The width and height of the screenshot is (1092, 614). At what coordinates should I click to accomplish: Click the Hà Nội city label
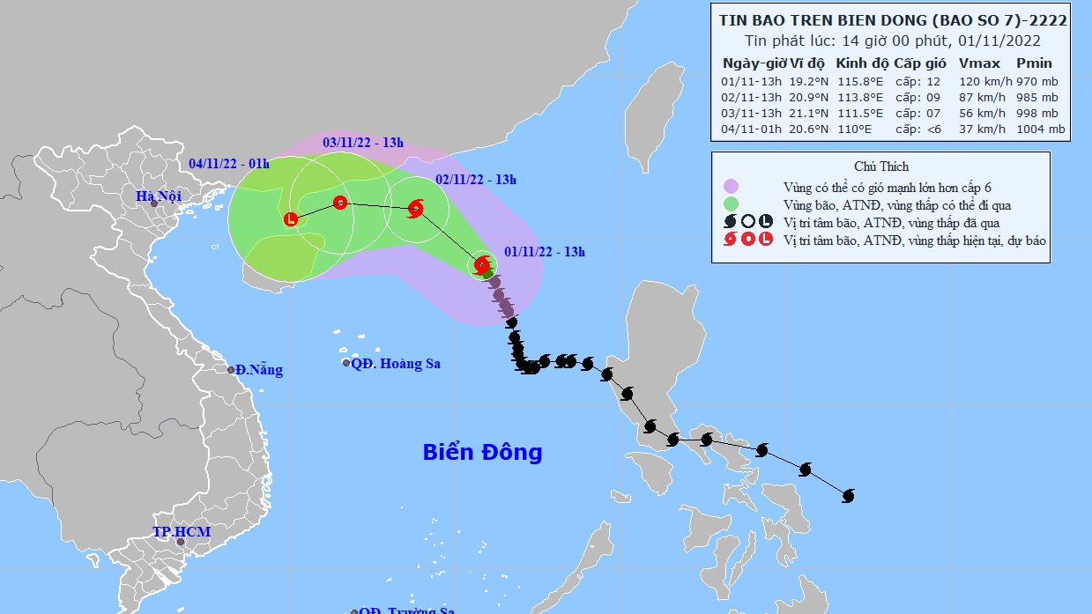tap(158, 196)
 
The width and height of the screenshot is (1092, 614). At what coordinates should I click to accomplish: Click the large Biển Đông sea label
tap(482, 453)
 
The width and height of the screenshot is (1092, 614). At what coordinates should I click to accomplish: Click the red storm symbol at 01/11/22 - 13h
tap(482, 264)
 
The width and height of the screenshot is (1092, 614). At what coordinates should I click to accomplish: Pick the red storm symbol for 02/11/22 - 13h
tap(415, 209)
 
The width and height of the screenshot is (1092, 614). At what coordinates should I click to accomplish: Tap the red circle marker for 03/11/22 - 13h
tap(340, 203)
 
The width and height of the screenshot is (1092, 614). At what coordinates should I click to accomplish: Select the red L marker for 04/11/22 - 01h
tap(291, 219)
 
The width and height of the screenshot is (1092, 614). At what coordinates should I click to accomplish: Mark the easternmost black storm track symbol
tap(848, 496)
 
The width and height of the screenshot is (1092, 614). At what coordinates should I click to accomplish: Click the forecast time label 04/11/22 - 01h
tap(229, 164)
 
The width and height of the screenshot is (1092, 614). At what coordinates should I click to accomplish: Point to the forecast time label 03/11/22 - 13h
tap(362, 142)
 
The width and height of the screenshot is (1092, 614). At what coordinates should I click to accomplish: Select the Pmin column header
tap(1034, 63)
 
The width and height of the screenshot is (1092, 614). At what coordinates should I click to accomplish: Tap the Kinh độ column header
tap(862, 63)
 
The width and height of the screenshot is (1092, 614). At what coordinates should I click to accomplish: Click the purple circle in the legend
tap(731, 187)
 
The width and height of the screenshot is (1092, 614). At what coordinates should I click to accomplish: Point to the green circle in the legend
tap(731, 204)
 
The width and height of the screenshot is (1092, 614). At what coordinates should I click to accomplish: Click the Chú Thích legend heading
tap(880, 166)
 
